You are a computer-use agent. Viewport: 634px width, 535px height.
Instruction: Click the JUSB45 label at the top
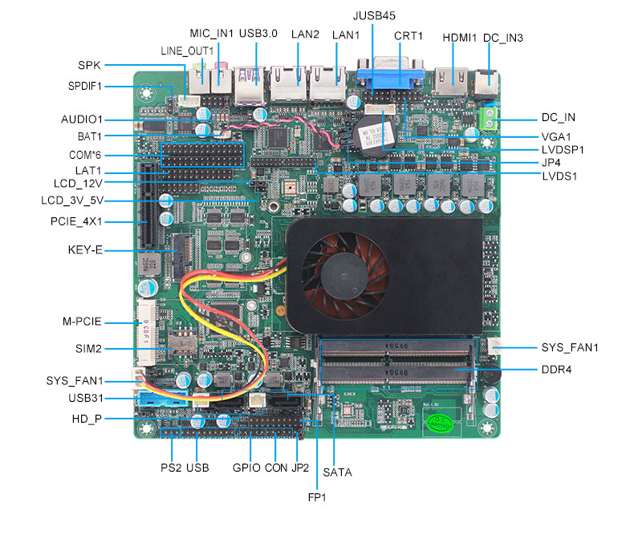[374, 15]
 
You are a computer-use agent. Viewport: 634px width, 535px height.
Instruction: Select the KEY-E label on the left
[85, 250]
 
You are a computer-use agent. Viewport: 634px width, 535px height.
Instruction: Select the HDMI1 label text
[460, 37]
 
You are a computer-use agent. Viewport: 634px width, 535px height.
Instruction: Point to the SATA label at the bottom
[337, 472]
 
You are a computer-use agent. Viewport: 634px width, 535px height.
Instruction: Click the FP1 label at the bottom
[317, 497]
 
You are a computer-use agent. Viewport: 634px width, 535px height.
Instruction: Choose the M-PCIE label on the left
[82, 322]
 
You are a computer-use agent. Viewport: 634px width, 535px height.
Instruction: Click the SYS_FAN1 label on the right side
[570, 347]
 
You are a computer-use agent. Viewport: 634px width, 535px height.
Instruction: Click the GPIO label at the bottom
[246, 467]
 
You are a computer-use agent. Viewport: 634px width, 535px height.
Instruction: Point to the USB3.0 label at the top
[258, 34]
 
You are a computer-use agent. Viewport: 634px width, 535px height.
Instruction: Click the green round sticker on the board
[436, 426]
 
